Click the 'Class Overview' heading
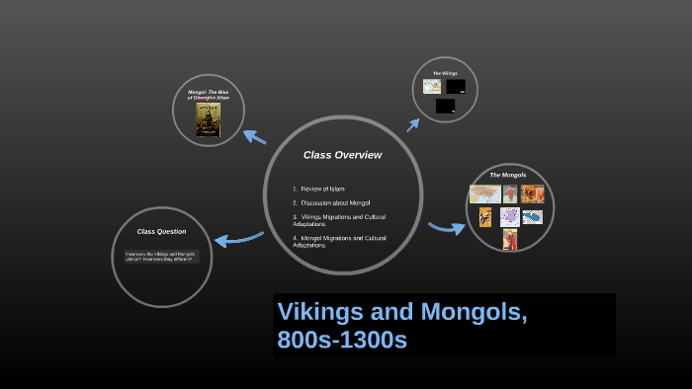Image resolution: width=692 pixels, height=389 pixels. tap(342, 155)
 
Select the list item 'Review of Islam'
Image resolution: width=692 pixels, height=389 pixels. tap(322, 189)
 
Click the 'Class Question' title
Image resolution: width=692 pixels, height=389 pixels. tap(161, 231)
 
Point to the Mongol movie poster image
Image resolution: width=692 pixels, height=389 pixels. tap(208, 118)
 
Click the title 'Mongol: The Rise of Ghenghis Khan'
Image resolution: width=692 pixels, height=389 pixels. tap(208, 95)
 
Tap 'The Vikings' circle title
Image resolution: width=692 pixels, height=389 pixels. tap(445, 73)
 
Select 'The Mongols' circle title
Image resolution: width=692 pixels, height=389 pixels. tap(508, 175)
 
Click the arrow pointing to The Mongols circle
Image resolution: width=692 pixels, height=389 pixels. tap(446, 228)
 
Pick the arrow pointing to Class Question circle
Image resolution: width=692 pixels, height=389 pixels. tap(236, 238)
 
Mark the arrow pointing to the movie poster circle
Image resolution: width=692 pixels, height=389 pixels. tap(254, 136)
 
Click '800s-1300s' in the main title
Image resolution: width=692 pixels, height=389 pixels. tap(341, 340)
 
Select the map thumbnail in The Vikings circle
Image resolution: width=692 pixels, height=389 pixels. tap(432, 87)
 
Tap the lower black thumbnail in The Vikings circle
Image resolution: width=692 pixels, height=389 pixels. tap(446, 106)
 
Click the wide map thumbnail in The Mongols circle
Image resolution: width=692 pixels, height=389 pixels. tap(484, 194)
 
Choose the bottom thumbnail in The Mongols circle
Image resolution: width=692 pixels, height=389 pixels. tap(510, 239)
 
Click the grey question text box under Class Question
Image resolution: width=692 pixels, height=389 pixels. tap(161, 256)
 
